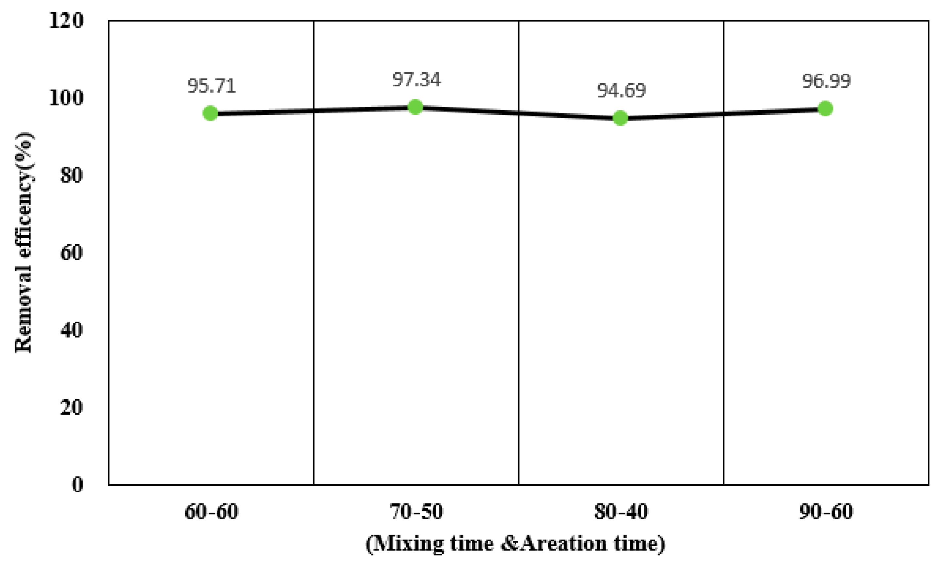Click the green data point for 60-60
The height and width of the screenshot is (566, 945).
click(x=211, y=113)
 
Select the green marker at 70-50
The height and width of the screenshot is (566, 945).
click(x=415, y=107)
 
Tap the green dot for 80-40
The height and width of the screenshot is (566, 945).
click(x=620, y=118)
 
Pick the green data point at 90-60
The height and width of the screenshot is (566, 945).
click(x=825, y=109)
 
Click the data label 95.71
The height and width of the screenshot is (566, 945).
click(x=212, y=86)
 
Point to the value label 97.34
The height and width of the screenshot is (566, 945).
click(x=417, y=80)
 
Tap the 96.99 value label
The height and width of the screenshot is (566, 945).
click(x=826, y=81)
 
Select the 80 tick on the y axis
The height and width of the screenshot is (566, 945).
click(x=71, y=176)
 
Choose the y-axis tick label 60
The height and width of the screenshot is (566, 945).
click(x=71, y=253)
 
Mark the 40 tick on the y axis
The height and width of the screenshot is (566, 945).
click(x=71, y=330)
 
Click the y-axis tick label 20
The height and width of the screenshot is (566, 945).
click(x=71, y=407)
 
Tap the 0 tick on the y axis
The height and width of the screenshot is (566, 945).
click(x=77, y=485)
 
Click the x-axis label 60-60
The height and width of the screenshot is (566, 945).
click(x=211, y=512)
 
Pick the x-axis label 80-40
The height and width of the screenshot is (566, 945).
click(x=621, y=512)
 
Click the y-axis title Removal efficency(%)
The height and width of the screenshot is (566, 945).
click(x=24, y=243)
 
